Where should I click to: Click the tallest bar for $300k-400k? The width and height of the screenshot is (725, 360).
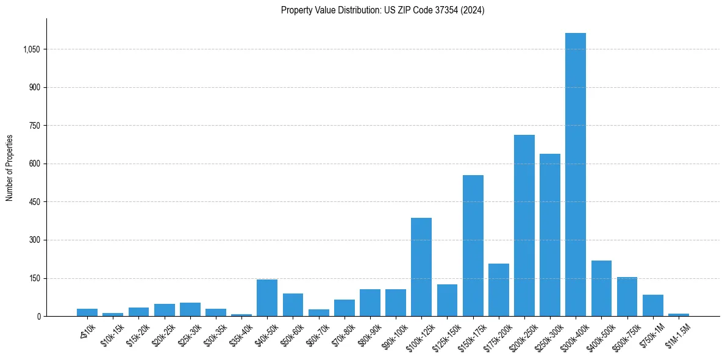point(575,175)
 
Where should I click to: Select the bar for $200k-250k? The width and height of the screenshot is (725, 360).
point(524,226)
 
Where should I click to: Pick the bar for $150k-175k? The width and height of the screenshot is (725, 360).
point(473,246)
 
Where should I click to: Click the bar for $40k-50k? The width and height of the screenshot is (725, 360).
point(267,298)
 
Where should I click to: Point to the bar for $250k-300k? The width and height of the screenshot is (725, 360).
point(549,235)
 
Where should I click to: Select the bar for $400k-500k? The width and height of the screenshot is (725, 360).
point(601,289)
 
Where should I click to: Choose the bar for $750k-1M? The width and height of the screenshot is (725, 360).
point(652,306)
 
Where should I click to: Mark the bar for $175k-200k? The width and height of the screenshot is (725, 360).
point(498,290)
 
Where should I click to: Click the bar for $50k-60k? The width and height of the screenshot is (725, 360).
point(293,305)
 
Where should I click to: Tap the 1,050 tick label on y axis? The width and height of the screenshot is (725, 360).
point(31,49)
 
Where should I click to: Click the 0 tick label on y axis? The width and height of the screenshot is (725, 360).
point(38,317)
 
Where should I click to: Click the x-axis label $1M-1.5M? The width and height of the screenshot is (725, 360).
point(677,333)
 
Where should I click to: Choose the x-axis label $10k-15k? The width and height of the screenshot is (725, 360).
point(112,333)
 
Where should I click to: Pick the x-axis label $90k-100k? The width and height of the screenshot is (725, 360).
point(394,334)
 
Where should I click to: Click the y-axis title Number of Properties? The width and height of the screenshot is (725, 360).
point(10,168)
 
